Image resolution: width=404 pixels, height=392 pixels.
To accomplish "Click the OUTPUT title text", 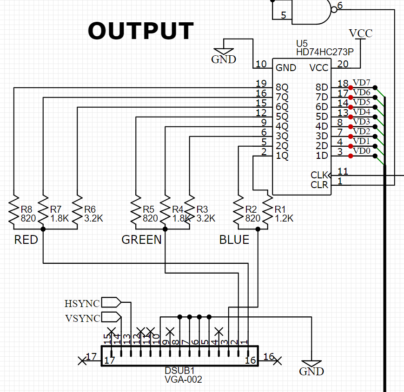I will click(140, 31).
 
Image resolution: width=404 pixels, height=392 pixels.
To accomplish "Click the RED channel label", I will click(26, 240).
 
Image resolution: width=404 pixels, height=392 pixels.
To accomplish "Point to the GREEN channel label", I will click(141, 240).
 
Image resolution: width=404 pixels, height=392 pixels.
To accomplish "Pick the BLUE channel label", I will click(234, 240).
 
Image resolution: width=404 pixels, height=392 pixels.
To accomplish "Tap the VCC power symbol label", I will click(360, 33).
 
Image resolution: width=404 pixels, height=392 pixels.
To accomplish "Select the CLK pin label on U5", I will click(319, 175).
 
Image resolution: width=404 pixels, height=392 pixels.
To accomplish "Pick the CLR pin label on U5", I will click(319, 185).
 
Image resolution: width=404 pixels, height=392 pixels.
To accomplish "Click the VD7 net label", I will click(362, 83).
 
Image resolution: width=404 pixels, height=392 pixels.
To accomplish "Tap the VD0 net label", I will click(362, 151).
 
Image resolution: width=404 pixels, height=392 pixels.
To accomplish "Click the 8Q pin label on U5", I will click(282, 87).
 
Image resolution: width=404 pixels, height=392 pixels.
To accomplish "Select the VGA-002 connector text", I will click(183, 379).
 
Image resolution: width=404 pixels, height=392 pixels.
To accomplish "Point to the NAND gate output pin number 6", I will click(339, 6).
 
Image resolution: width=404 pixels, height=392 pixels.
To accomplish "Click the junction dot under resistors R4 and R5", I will click(165, 229).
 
